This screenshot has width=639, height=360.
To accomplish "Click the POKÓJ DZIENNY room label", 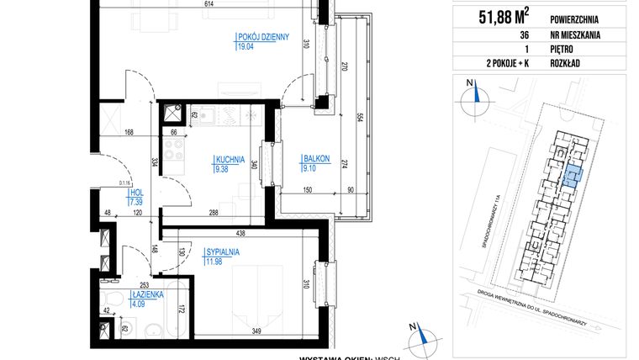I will [x=261, y=36].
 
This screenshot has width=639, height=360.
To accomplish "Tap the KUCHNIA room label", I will [x=230, y=158].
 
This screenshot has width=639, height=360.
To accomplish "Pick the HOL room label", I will [x=135, y=193].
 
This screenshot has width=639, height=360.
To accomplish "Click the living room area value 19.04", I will [x=245, y=47].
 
